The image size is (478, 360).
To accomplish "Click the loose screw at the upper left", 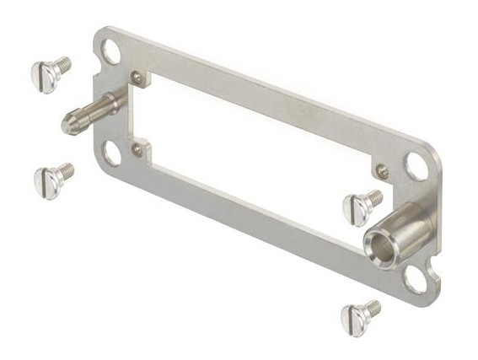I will click(x=51, y=73).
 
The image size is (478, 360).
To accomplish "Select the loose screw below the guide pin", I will click(x=52, y=179).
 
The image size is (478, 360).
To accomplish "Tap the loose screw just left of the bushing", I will click(x=362, y=205).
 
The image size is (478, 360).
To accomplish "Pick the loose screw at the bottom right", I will click(x=359, y=315).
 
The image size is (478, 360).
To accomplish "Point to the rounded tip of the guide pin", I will click(x=67, y=125).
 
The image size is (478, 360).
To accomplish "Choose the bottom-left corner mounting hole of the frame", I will click(x=111, y=153).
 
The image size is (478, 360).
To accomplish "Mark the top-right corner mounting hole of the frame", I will click(x=416, y=165).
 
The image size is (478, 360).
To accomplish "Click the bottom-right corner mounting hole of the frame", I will click(x=416, y=278).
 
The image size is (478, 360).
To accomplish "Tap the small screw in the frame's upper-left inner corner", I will click(x=137, y=78).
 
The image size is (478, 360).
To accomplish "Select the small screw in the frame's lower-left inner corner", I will click(x=137, y=149).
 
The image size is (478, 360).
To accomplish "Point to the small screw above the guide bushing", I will click(x=383, y=171).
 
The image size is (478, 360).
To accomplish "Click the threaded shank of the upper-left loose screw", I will click(x=62, y=65).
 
